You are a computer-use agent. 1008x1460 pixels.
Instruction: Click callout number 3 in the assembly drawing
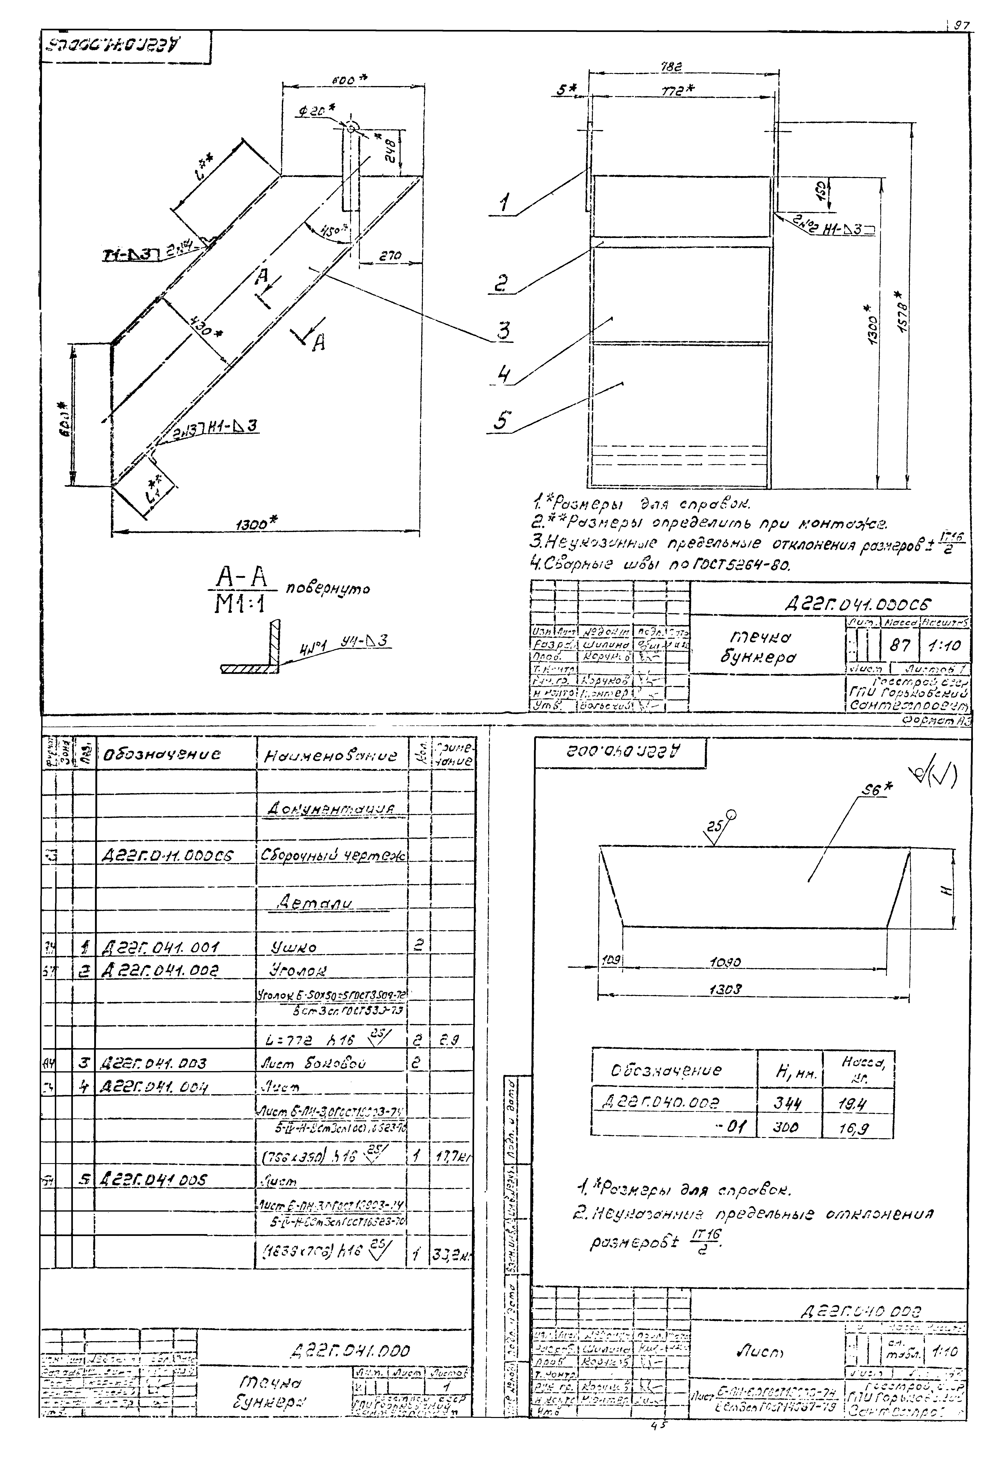click(503, 331)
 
